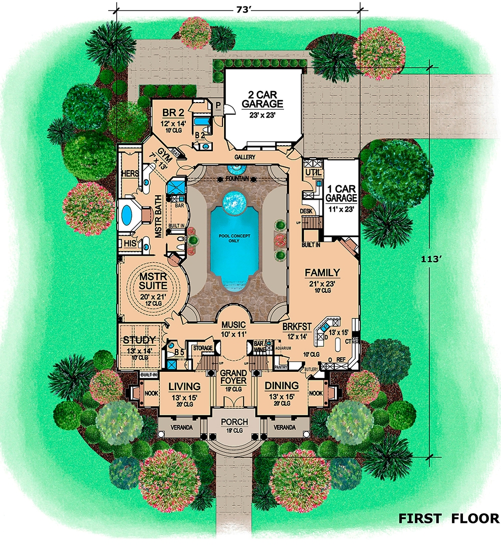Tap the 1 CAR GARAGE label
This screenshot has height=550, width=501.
342,193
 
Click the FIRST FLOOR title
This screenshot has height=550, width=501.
448,518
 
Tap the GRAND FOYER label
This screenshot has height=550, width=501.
234,377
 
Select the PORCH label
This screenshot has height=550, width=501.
234,422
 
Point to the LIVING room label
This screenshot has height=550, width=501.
184,386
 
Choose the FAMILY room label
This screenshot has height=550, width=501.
322,273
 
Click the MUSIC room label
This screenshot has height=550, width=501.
234,326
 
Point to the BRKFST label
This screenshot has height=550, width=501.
297,326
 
